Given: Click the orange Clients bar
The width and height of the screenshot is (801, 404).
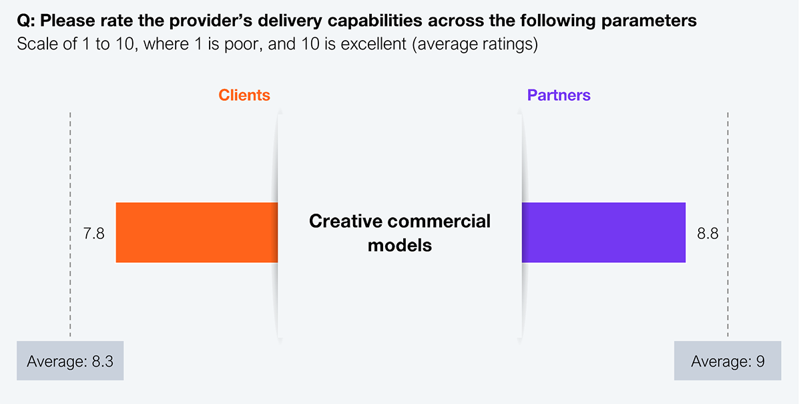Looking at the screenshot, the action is (x=197, y=232).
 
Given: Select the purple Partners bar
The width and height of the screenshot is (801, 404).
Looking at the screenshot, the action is (x=603, y=232).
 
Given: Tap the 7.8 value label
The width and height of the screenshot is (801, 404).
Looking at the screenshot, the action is (x=93, y=234).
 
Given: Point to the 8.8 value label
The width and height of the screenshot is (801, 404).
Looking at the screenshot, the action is (x=708, y=234).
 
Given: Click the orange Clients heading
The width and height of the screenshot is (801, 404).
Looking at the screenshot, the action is (x=244, y=95).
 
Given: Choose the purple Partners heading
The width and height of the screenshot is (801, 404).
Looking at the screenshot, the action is (x=559, y=95).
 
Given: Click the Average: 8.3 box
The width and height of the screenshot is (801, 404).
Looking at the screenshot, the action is (x=70, y=361).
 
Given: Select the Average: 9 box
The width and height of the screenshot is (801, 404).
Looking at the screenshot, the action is (x=728, y=361).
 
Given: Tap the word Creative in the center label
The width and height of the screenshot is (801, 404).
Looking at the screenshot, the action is (x=346, y=221).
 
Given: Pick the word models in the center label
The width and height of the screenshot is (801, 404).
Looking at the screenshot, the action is (x=400, y=246).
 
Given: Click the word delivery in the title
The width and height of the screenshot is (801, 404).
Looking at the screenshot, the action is (x=290, y=21).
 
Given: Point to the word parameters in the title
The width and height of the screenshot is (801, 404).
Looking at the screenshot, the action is (x=649, y=21).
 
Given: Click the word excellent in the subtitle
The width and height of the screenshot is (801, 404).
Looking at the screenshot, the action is (x=373, y=44).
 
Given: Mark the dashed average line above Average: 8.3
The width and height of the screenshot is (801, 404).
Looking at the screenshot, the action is (x=70, y=224).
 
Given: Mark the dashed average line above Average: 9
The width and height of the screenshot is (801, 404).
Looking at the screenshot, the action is (x=728, y=224).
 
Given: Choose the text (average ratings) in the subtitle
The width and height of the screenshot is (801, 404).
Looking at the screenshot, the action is (x=475, y=44).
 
